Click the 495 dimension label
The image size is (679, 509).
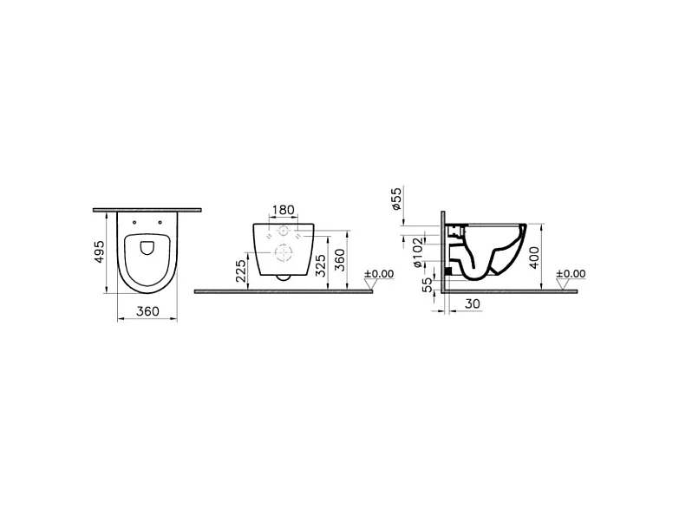101,251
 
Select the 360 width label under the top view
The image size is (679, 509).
147,310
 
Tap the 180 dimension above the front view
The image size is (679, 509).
283,211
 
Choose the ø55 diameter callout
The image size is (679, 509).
395,200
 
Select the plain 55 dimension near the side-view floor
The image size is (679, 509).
427,284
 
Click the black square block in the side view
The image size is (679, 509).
448,271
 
